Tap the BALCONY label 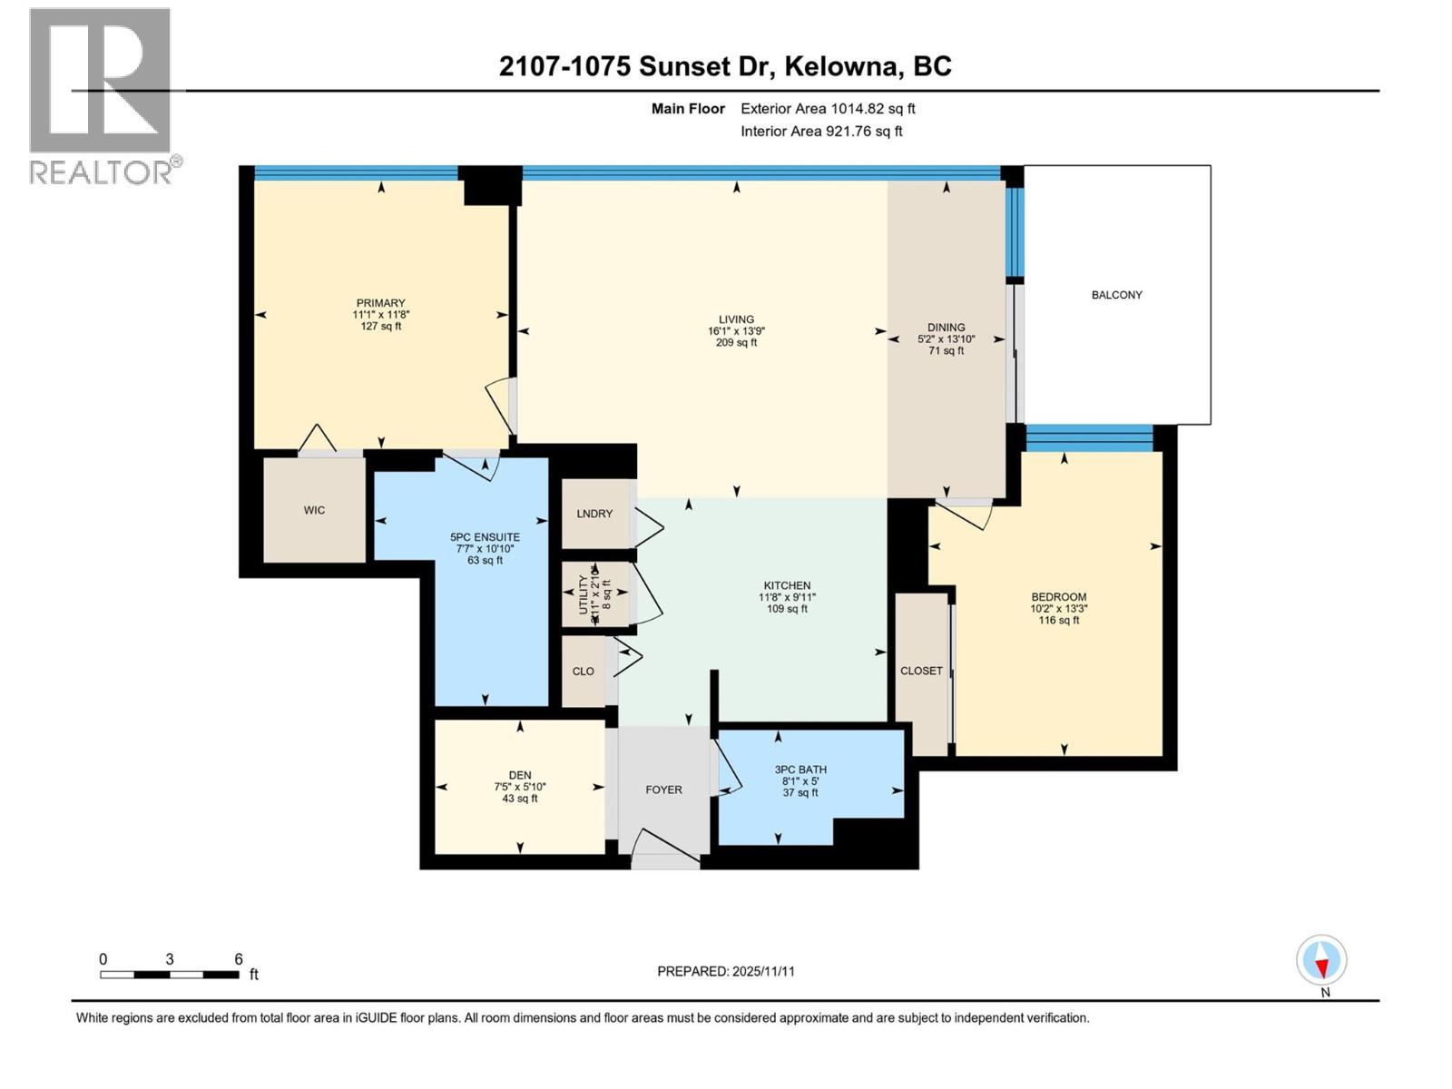(x=1116, y=295)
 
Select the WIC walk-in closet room (x=314, y=510)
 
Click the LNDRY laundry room (x=594, y=514)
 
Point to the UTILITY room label (x=584, y=595)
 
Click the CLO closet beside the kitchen (x=583, y=672)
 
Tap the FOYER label (x=663, y=790)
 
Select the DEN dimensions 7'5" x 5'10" (x=520, y=787)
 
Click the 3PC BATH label (x=800, y=770)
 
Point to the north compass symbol (x=1321, y=960)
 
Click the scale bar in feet (x=170, y=975)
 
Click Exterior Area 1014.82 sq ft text (x=828, y=109)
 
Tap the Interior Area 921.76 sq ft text (x=821, y=132)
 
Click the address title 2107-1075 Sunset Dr (x=725, y=66)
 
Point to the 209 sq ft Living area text (x=736, y=343)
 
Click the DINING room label (x=946, y=328)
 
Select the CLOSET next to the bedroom (x=921, y=671)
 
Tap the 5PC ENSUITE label (x=485, y=537)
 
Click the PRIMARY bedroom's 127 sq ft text (x=380, y=326)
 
